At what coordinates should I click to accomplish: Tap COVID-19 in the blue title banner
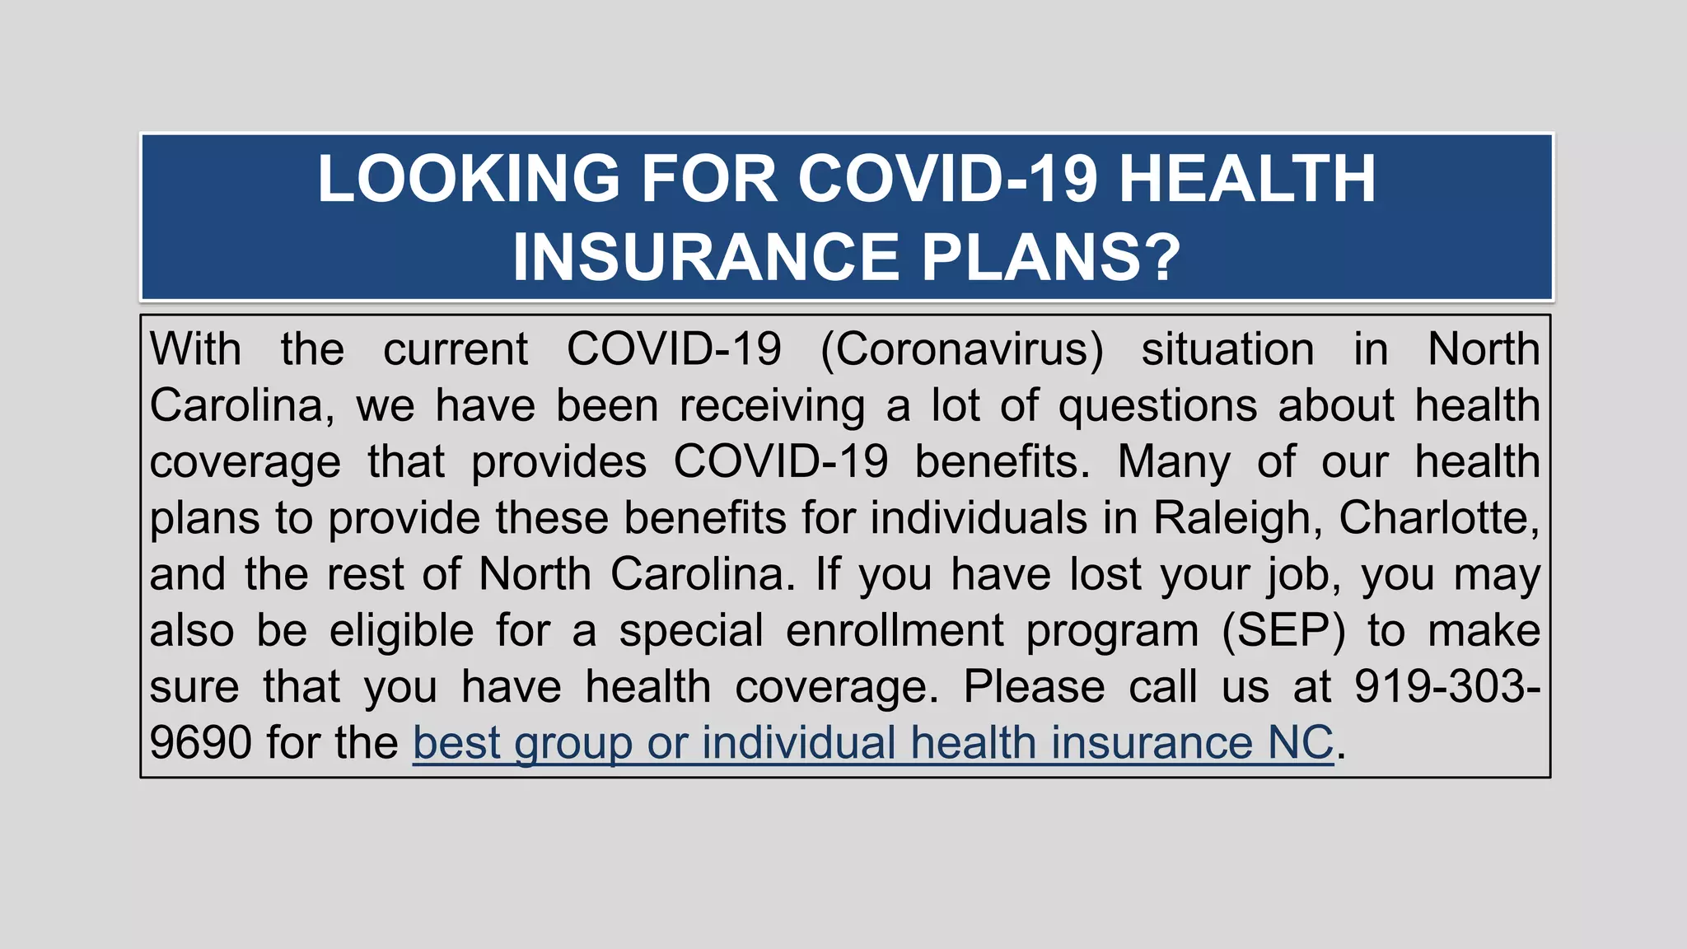[947, 179]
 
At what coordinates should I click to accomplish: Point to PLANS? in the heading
[1051, 257]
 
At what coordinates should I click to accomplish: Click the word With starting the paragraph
[195, 349]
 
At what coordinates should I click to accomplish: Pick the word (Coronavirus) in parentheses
[961, 349]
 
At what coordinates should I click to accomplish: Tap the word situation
[1227, 349]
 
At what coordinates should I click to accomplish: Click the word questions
[1157, 406]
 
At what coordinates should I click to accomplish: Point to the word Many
[1174, 462]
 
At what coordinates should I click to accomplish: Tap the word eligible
[401, 631]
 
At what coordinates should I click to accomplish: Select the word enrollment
[895, 631]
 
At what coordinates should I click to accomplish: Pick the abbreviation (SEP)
[1283, 631]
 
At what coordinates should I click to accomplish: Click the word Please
[1034, 687]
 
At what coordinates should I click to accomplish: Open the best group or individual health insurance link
[872, 743]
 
